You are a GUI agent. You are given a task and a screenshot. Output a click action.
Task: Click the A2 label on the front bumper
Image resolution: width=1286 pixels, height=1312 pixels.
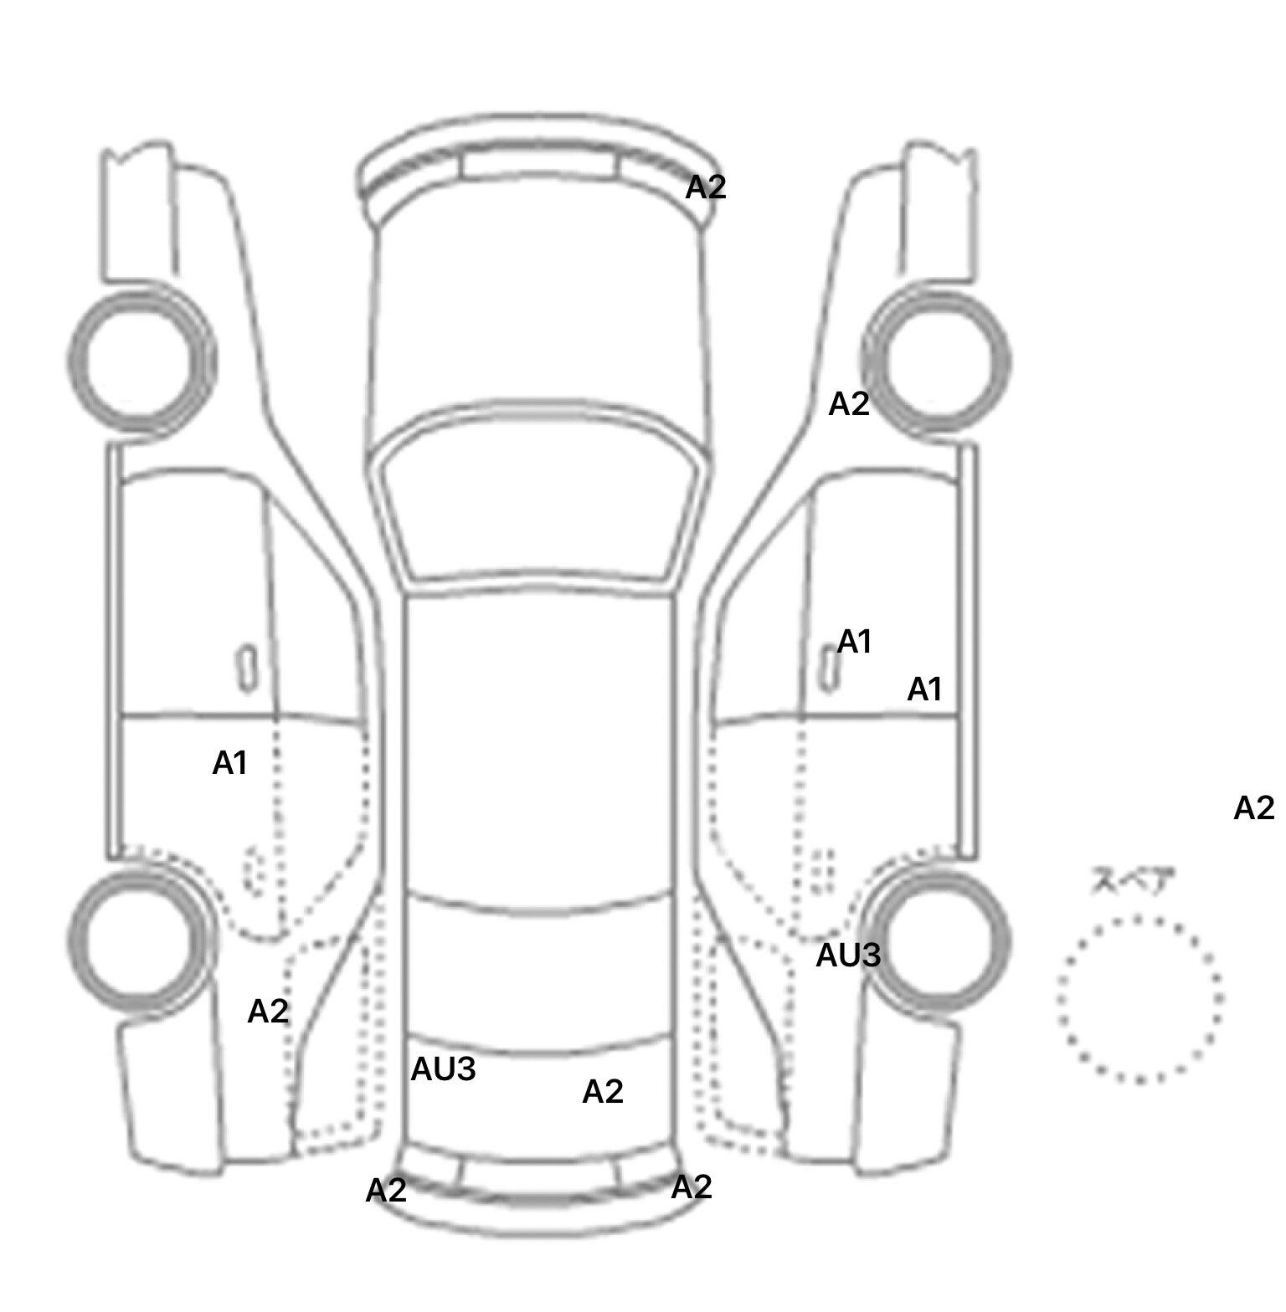pyautogui.click(x=706, y=187)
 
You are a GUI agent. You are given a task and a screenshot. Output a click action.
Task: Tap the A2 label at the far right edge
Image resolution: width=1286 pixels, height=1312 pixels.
pyautogui.click(x=1254, y=808)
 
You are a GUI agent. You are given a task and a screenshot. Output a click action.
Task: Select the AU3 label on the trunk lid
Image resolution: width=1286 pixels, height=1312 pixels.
pyautogui.click(x=443, y=1069)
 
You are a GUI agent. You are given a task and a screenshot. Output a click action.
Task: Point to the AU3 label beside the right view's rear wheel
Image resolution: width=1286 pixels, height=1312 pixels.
pyautogui.click(x=848, y=956)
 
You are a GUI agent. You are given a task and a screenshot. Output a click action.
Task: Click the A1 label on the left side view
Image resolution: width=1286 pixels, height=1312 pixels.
pyautogui.click(x=229, y=763)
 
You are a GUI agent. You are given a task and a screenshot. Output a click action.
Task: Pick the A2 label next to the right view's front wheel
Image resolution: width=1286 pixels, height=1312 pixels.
pyautogui.click(x=849, y=405)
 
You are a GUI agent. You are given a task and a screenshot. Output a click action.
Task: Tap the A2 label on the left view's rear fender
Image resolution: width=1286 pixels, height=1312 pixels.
pyautogui.click(x=268, y=1012)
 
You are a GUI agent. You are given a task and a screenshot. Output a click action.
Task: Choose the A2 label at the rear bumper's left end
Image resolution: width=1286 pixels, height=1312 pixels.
pyautogui.click(x=386, y=1191)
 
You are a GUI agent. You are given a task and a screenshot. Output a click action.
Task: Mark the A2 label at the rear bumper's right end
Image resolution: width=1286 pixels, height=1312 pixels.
pyautogui.click(x=692, y=1187)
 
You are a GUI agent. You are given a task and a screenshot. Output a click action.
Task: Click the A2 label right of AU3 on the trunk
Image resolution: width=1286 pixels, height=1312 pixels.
pyautogui.click(x=603, y=1092)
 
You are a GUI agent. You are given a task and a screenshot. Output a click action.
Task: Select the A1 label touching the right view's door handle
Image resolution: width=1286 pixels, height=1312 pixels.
pyautogui.click(x=855, y=643)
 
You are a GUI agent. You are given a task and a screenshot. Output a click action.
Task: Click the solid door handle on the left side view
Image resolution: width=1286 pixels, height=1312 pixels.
pyautogui.click(x=248, y=669)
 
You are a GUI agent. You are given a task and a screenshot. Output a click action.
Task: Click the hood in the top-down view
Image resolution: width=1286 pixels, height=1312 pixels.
pyautogui.click(x=540, y=318)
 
